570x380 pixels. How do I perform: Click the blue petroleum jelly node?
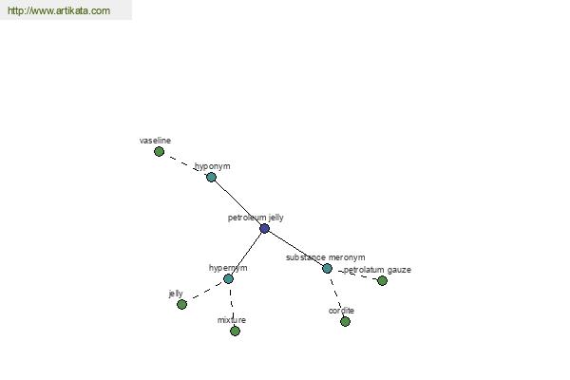265,228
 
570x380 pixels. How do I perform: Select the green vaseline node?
159,151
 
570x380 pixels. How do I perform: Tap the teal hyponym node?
211,177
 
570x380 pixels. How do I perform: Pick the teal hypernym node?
228,279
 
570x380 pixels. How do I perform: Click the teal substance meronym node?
327,268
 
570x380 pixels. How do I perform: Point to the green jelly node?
181,304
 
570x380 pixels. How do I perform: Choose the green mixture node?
236,331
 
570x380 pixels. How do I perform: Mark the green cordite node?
346,321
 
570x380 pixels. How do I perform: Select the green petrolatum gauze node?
382,280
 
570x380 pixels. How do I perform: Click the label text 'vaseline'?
155,141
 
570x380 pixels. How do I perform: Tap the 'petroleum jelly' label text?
256,218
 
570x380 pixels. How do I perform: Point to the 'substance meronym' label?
325,257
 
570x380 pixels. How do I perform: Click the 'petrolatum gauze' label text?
377,270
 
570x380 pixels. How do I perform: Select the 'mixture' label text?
232,320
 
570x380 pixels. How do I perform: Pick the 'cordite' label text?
341,311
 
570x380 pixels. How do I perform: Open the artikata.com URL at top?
59,10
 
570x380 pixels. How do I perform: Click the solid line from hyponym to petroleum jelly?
237,203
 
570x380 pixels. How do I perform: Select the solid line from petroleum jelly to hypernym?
246,254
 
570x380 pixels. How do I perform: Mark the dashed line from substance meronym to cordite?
336,294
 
